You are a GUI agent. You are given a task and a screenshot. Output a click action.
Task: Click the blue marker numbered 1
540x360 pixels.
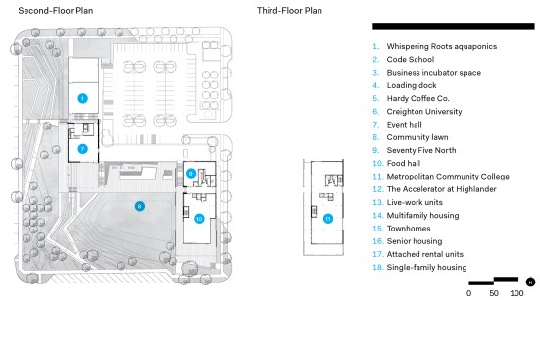coord(82,99)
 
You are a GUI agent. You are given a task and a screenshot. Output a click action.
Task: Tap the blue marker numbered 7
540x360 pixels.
coord(82,149)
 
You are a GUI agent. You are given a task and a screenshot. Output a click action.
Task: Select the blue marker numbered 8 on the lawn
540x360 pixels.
coord(139,206)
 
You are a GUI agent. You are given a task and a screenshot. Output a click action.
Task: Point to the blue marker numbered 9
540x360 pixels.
coord(191,173)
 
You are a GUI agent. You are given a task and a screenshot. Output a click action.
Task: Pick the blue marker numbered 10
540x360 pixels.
coord(199,219)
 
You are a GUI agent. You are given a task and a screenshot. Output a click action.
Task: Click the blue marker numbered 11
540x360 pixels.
coord(328,219)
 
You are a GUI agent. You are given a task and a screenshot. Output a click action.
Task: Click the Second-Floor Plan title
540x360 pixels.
coord(56,11)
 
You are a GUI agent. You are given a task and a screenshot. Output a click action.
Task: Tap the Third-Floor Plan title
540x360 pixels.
coord(289,11)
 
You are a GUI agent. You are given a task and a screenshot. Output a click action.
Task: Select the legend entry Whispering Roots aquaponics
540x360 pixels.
coord(441,46)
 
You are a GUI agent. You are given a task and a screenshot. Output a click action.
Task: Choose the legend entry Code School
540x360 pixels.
coord(411,59)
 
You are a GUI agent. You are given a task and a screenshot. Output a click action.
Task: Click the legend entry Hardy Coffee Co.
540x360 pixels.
coord(417,98)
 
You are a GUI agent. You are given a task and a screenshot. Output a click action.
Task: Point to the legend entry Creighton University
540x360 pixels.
coord(424,112)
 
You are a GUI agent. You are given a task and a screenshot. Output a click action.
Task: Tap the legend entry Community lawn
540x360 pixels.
coord(417,137)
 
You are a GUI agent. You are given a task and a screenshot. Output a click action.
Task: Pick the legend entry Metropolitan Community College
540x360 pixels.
coord(448,177)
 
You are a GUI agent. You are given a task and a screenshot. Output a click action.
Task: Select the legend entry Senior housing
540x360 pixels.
coord(415,241)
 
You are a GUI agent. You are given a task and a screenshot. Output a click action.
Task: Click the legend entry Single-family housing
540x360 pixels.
coord(426,267)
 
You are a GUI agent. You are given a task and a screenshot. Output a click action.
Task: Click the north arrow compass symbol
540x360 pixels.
coord(530,282)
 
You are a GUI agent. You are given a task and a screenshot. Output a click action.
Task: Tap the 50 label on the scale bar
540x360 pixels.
coord(494,293)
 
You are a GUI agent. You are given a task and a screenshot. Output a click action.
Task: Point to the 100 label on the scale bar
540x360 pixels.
coord(516,293)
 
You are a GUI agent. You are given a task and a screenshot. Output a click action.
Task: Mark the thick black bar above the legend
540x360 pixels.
coord(454,26)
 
